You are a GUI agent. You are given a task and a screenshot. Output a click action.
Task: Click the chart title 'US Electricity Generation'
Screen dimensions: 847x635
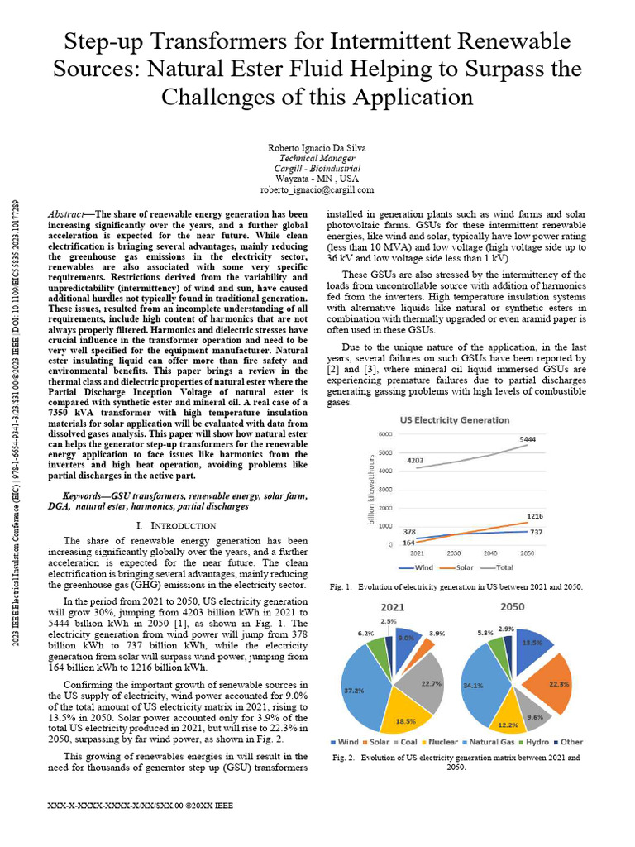coord(455,419)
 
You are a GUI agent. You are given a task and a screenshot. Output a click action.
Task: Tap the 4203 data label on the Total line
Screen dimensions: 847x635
coord(415,460)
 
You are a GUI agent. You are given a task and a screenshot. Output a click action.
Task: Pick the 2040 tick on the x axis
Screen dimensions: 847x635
coord(491,553)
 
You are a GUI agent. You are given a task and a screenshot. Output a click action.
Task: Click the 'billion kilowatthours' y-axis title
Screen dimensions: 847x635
coord(372,489)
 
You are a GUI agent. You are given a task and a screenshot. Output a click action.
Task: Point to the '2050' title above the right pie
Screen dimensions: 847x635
coord(512,606)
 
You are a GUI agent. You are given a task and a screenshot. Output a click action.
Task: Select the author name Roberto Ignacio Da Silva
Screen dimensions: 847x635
coord(317,147)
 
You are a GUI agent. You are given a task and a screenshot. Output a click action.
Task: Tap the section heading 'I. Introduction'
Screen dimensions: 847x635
coord(175,525)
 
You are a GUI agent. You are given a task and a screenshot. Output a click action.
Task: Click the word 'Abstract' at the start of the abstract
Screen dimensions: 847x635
coord(69,213)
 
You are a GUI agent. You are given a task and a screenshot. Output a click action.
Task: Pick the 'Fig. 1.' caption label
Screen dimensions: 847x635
coord(341,586)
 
